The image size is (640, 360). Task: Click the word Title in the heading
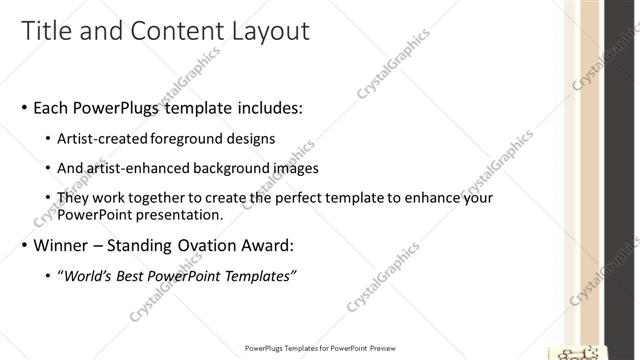point(47,31)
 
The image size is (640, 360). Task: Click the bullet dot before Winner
point(24,245)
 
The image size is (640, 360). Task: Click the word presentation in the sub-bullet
point(178,215)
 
